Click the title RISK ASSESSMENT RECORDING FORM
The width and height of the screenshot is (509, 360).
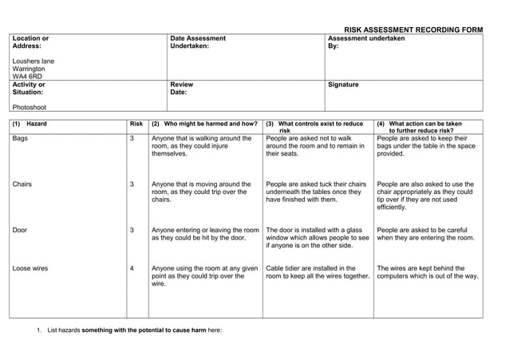[412, 30]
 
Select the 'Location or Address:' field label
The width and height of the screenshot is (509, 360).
[31, 42]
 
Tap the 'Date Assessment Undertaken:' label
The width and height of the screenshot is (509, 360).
[198, 42]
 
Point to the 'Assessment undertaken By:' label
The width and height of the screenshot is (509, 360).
[366, 42]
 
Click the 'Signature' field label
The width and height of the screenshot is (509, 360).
[343, 84]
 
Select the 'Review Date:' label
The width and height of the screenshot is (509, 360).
[182, 88]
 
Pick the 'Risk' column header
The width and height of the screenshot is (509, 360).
[136, 124]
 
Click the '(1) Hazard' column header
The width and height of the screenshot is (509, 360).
[30, 124]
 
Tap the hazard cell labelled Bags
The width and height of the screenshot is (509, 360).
[21, 138]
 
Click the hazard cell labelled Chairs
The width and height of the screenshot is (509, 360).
[22, 184]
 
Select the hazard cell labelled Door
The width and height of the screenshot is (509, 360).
[20, 230]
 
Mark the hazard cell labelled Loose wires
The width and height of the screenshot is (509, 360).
[30, 268]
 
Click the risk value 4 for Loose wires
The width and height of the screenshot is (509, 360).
[132, 268]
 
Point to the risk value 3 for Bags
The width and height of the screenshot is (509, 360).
[132, 138]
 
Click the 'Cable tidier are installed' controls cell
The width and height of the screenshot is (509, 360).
[317, 272]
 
